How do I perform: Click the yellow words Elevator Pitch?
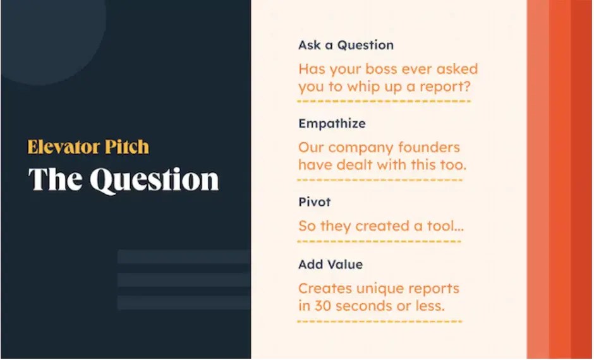click(x=88, y=147)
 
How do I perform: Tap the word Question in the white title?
click(x=154, y=179)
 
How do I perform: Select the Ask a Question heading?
click(x=346, y=45)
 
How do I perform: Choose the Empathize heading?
click(x=332, y=123)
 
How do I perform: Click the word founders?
click(x=433, y=147)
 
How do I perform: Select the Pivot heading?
click(x=314, y=202)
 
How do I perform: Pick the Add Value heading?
click(x=330, y=264)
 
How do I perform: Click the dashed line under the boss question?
click(x=384, y=101)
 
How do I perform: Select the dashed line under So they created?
click(x=379, y=241)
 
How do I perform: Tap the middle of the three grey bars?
click(x=183, y=279)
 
